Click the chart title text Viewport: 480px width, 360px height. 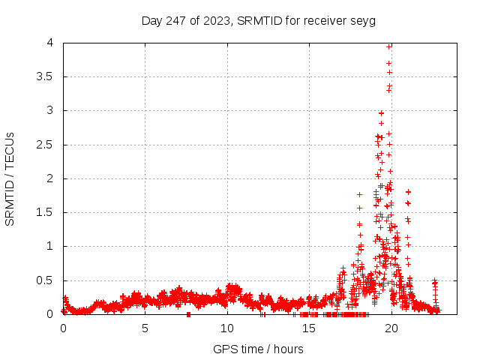(239, 20)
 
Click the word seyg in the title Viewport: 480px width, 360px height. (325, 20)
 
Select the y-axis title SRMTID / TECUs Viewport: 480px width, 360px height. (10, 178)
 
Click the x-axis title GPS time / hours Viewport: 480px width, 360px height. (258, 349)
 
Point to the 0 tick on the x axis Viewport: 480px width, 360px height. (63, 328)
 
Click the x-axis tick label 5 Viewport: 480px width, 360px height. (145, 328)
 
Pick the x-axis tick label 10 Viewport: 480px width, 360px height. (226, 328)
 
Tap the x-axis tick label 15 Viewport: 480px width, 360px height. (308, 328)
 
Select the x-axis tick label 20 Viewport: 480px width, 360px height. (390, 328)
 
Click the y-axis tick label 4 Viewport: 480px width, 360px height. (49, 43)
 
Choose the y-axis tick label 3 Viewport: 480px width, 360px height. (49, 110)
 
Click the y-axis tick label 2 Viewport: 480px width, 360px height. (49, 178)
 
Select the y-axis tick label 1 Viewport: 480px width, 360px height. (49, 246)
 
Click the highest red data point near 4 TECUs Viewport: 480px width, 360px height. (388, 46)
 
